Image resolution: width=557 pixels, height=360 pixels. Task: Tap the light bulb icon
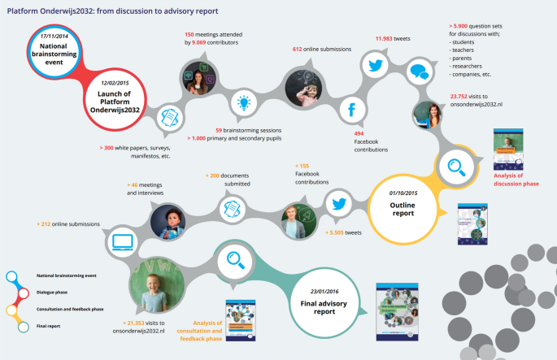[x=242, y=102]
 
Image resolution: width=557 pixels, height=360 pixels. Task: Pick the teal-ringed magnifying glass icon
[x=236, y=260]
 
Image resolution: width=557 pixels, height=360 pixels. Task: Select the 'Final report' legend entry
[x=49, y=326]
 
